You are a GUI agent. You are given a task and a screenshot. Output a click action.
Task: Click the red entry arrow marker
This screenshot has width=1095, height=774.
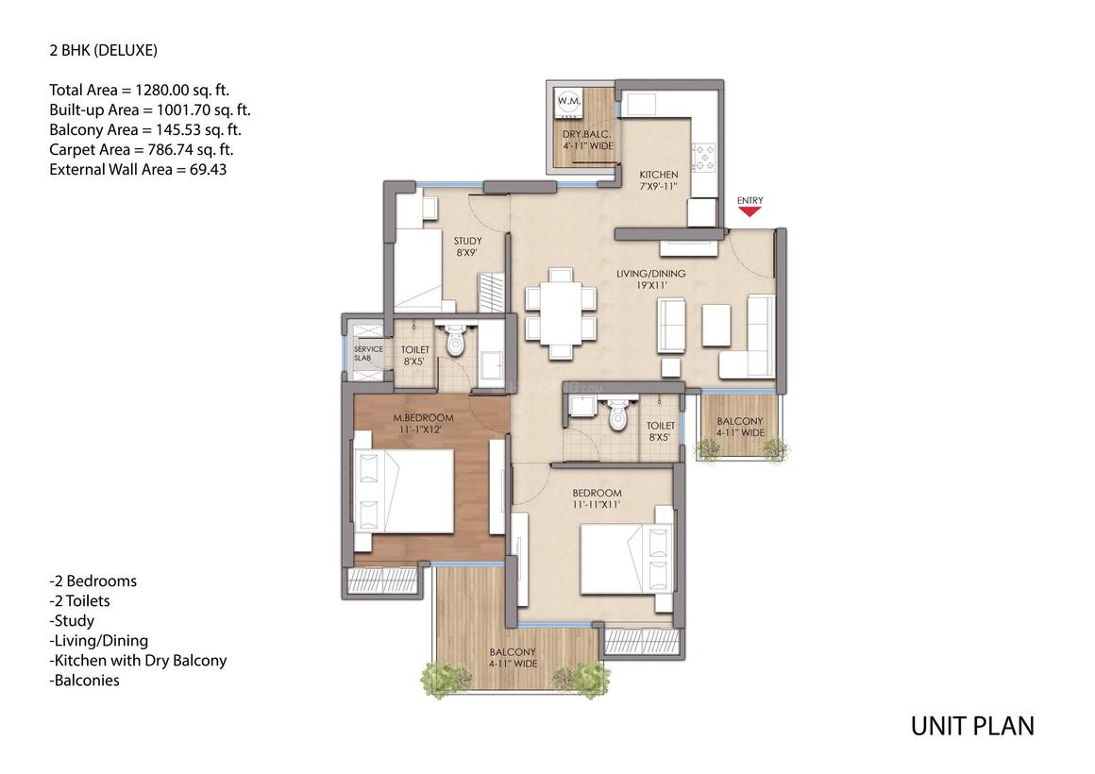[x=750, y=212]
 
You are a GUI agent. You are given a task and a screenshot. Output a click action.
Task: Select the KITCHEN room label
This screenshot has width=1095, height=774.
[x=658, y=176]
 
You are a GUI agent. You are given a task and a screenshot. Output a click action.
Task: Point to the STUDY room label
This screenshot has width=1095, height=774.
[x=467, y=242]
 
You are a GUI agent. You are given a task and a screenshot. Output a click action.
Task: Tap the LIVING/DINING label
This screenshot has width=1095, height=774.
[x=650, y=275]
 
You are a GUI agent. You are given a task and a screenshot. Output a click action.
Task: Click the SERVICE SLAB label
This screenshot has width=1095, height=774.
[x=368, y=353]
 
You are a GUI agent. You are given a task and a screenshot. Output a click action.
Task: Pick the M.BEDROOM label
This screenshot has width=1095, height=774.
[x=423, y=418]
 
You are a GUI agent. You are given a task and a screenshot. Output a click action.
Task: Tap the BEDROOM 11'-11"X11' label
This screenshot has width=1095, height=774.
[x=597, y=494]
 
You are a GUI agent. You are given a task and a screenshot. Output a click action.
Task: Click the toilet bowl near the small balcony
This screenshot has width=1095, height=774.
[x=618, y=416]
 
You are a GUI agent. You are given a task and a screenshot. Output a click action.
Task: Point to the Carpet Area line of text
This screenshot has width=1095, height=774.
[x=142, y=149]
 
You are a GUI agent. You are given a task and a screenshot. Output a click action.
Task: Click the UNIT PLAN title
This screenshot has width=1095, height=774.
[x=971, y=726]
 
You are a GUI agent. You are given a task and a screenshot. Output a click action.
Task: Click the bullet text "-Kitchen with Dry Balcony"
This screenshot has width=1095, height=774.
[x=138, y=660]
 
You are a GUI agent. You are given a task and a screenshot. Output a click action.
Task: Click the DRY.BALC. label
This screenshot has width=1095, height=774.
[x=581, y=135]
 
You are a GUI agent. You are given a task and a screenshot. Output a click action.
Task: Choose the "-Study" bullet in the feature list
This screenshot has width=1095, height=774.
[x=72, y=620]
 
